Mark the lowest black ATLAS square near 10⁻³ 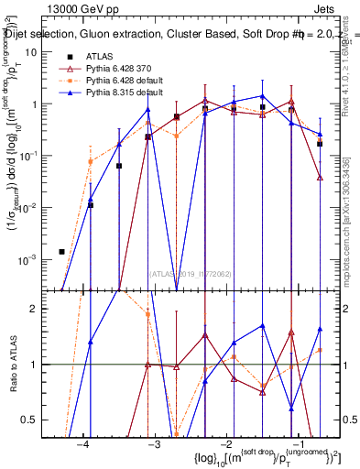tap(61, 251)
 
